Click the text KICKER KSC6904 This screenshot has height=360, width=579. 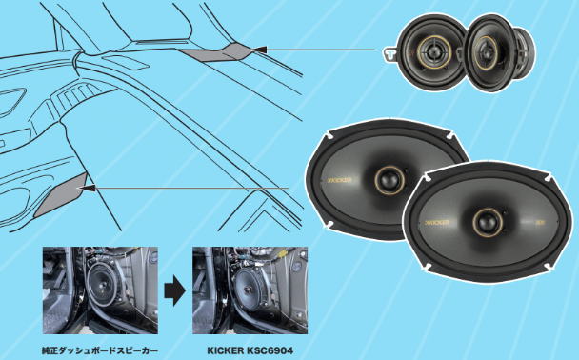[250, 350]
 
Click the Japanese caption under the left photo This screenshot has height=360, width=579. [100, 350]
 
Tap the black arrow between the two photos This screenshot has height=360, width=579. [174, 291]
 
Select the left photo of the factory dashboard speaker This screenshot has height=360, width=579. [100, 290]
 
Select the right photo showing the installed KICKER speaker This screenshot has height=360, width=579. [250, 290]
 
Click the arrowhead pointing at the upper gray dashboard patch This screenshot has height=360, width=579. [258, 50]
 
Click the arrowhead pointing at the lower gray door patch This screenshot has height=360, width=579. [88, 189]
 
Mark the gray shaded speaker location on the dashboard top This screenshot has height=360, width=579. [215, 52]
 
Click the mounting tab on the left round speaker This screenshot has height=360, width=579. [389, 54]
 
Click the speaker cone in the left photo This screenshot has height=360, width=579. [103, 284]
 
